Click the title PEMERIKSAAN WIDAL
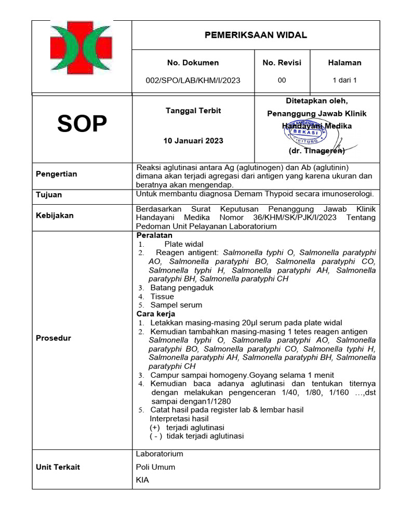tap(255, 35)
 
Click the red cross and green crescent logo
tap(82, 48)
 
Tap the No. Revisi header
tap(282, 62)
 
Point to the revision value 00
tap(282, 81)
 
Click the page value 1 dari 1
tap(344, 81)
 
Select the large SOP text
tap(82, 124)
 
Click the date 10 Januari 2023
tap(193, 141)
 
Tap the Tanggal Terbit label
tap(193, 111)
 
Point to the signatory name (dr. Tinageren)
tap(316, 151)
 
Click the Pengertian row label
tap(56, 174)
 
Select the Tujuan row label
tap(48, 195)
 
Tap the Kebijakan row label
tap(55, 215)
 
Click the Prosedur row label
tap(53, 338)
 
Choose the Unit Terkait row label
tap(58, 467)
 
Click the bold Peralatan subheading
tap(154, 235)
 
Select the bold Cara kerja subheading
tap(155, 314)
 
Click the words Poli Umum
tap(155, 467)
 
